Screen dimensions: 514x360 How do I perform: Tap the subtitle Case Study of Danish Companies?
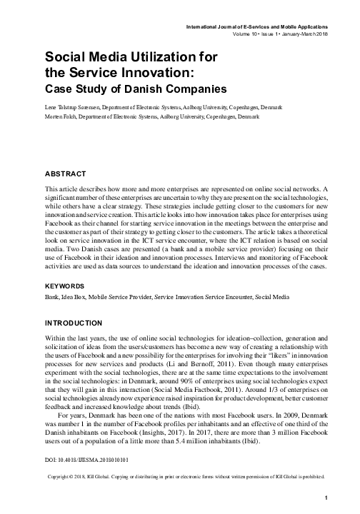point(136,89)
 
